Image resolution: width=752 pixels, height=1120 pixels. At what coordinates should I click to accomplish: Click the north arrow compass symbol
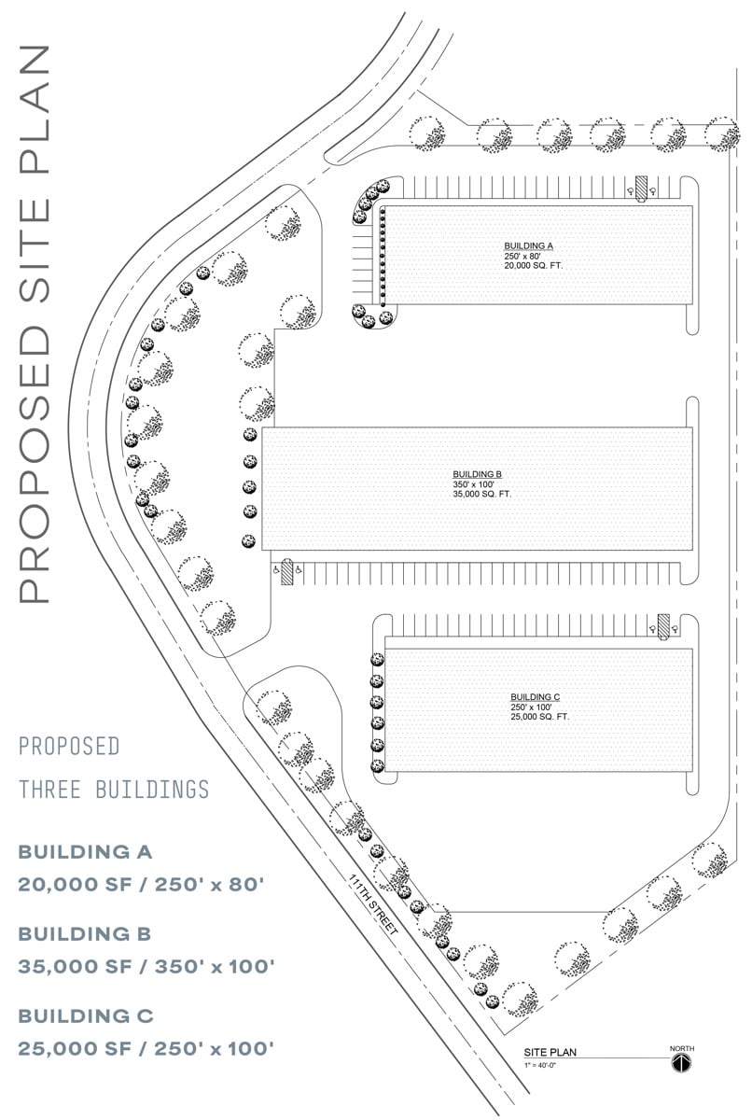click(681, 1062)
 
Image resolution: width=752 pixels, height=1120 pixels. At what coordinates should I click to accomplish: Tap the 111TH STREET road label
click(373, 904)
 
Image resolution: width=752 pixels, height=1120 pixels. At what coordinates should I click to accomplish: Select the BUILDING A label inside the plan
click(528, 245)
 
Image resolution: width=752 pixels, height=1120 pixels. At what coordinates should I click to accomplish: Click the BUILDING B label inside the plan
click(477, 474)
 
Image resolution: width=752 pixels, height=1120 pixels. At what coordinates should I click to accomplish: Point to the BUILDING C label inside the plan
click(536, 697)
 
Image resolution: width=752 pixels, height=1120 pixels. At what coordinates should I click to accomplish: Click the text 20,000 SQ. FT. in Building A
click(533, 265)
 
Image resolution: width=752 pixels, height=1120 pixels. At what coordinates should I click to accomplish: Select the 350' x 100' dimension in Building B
click(474, 484)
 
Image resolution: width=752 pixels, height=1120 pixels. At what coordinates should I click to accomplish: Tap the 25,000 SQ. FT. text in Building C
click(539, 717)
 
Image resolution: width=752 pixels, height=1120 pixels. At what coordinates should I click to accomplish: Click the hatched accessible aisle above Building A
click(641, 189)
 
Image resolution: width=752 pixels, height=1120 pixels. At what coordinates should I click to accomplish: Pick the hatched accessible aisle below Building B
click(286, 572)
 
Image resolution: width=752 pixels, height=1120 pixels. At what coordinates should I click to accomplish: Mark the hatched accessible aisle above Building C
click(663, 627)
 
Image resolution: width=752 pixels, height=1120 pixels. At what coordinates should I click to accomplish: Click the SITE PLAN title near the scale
click(550, 1052)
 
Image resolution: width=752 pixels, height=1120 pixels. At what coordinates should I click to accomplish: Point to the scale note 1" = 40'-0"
click(540, 1065)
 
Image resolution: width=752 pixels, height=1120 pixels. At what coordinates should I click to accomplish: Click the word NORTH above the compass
click(682, 1048)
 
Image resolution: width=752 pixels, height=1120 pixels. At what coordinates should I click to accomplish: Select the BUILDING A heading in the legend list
click(85, 852)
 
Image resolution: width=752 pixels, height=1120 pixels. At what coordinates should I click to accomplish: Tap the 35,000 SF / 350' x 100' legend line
click(146, 967)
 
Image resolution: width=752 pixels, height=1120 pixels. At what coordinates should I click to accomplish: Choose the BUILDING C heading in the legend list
click(86, 1016)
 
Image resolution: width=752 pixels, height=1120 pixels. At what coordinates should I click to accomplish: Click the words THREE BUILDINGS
click(114, 790)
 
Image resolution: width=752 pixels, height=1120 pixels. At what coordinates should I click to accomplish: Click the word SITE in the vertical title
click(35, 250)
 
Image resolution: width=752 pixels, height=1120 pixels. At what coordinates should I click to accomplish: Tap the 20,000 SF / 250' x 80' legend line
click(141, 885)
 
